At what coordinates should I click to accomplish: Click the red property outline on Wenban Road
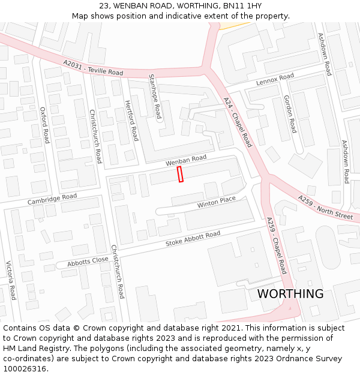coord(180,174)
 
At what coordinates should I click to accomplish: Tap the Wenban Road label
coord(186,160)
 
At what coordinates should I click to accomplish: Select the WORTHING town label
coord(290,294)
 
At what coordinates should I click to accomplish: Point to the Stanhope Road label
coord(154,96)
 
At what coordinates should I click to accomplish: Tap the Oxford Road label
coord(44,125)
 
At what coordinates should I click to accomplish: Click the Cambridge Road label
coord(52,199)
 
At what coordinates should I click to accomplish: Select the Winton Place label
coord(217,202)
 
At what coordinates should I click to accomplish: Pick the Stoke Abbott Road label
coord(193,239)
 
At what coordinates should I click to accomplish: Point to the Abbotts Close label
coord(88,262)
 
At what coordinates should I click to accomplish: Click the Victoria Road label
coord(10,280)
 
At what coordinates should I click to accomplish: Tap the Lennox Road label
coord(275,79)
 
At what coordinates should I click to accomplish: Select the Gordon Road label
coord(290,114)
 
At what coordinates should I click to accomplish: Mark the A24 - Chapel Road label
coord(238,122)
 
